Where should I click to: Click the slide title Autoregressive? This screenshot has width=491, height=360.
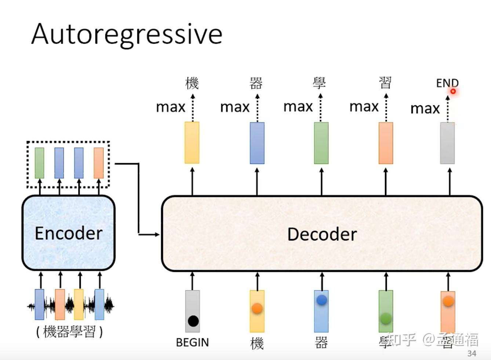coord(127,34)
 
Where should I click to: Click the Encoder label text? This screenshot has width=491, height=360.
coord(69,234)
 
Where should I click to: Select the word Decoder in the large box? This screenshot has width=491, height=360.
coord(322,235)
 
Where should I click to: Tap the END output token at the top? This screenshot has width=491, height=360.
coord(447,83)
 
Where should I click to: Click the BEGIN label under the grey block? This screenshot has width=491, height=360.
coord(192,342)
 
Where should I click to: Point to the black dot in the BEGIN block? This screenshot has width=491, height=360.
coord(193,321)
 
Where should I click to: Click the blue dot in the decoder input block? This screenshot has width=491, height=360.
coord(321,300)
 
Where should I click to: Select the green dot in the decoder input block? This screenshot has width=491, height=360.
coord(386,319)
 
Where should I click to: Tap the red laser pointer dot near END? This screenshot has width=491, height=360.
coord(453,91)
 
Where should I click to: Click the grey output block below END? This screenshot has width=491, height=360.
coord(447,143)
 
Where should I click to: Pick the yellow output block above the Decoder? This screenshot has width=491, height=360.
coord(192,143)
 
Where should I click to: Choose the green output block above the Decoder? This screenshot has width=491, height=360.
coord(321,143)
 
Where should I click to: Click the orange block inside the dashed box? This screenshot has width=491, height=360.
coord(98,163)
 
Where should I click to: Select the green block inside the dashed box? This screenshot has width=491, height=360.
coord(39,163)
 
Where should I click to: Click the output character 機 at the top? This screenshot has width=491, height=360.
coord(192,83)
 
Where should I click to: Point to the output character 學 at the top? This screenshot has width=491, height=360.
coord(319,83)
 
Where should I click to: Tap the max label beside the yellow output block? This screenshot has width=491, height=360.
coord(171,107)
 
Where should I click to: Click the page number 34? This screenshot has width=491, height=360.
coord(472,353)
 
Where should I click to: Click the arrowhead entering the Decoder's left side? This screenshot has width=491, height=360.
coord(158,234)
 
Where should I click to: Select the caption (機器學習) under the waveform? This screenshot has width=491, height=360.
coord(69,332)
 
